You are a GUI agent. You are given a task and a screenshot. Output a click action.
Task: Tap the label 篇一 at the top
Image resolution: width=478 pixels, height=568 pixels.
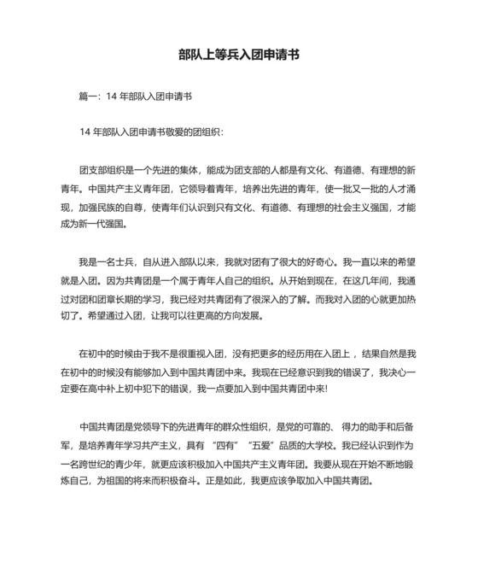[89, 97]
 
